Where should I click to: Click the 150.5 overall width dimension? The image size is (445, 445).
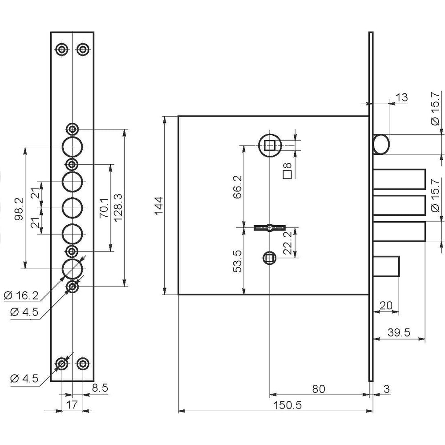[287, 405]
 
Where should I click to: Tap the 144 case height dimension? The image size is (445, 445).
[159, 206]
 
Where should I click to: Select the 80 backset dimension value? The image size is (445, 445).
[319, 389]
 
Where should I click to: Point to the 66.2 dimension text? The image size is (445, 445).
[237, 186]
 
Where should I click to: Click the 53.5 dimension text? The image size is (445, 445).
[237, 261]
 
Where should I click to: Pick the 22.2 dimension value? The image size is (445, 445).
[288, 243]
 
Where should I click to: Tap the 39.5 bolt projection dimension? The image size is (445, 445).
[399, 332]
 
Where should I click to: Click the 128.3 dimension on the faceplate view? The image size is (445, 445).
[118, 207]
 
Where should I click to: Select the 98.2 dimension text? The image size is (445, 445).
[19, 210]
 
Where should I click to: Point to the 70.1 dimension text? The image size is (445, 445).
[104, 208]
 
